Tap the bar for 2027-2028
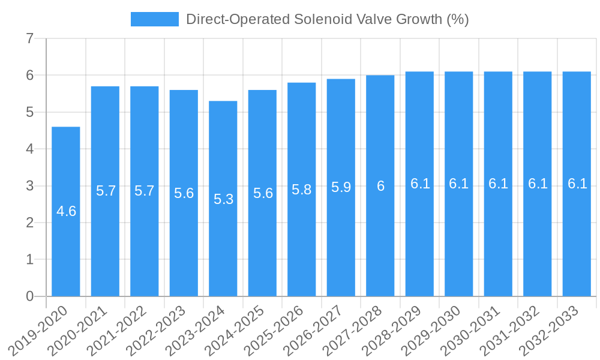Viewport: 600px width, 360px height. coord(380,240)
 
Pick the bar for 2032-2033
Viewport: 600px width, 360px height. coord(577,240)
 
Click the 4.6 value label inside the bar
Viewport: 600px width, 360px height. coord(66,211)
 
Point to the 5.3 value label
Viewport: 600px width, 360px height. coord(223,199)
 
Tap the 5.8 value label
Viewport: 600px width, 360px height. coord(302,190)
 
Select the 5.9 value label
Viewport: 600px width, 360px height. coord(341,187)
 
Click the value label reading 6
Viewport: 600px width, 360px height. coord(380,186)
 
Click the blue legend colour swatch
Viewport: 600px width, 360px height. coord(155,19)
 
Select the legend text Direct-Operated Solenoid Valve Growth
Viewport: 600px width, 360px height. coord(327,19)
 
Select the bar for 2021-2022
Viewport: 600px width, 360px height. coord(145,240)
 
